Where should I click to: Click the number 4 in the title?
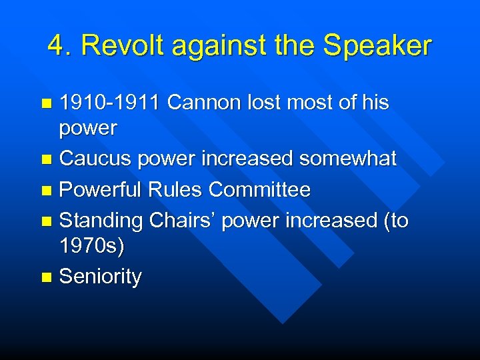tap(56, 46)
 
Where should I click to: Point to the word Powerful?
tap(101, 189)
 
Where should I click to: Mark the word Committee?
tap(260, 189)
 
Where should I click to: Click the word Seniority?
tap(100, 277)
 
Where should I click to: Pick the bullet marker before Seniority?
tap(46, 277)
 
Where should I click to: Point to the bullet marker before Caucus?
tap(46, 159)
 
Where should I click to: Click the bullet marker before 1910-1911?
tap(46, 103)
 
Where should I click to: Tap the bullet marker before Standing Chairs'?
tap(46, 221)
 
